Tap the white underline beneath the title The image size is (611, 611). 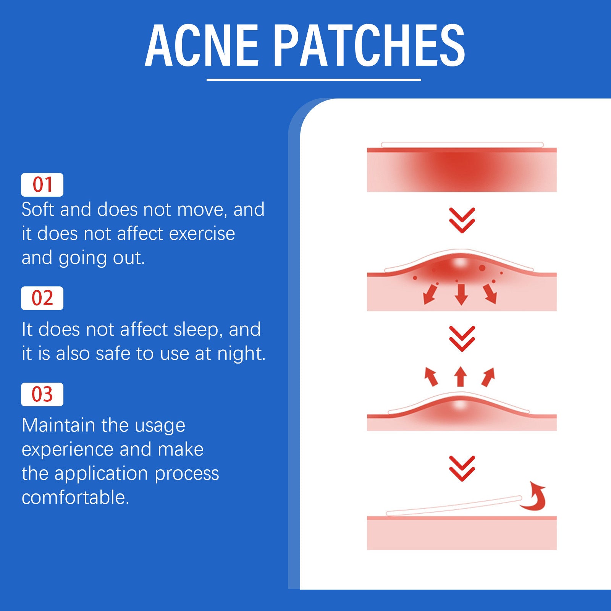314,80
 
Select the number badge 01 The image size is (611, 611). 42,185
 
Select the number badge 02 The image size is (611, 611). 42,298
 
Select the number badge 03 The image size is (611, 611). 42,394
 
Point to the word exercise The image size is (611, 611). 202,234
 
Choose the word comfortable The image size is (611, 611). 75,498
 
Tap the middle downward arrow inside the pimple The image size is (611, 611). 461,294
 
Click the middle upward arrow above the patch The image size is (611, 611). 461,377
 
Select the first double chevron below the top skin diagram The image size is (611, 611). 462,220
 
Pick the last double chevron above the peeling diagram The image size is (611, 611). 462,468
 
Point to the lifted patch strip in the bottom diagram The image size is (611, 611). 454,506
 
